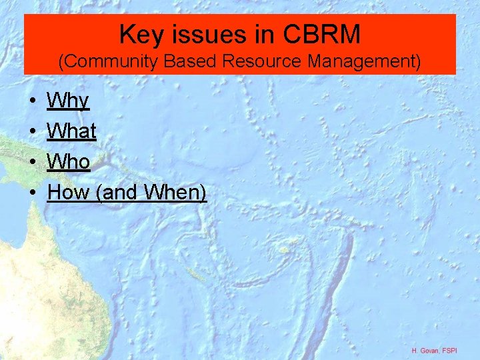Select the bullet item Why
pos(68,101)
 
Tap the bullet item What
pos(72,131)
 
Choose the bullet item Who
pos(69,162)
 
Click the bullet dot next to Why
pos(33,102)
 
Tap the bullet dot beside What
pos(33,132)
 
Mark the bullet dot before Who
pos(33,163)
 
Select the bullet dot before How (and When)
pos(33,193)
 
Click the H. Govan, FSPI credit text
pos(434,350)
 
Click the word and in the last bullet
pos(120,193)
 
